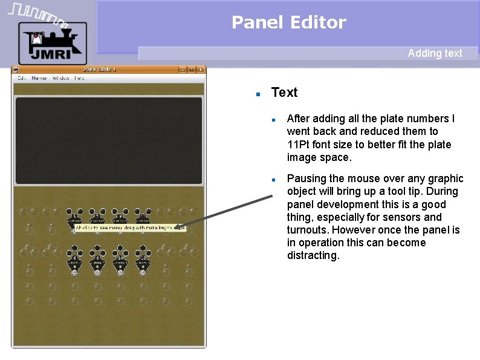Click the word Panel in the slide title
click(251, 22)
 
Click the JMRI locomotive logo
click(53, 42)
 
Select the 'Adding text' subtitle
click(435, 53)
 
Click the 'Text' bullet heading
click(284, 93)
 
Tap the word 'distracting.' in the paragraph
click(313, 255)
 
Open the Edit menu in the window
click(21, 78)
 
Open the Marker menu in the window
click(39, 78)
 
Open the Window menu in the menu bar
click(60, 78)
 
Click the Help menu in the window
click(79, 78)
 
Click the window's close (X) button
click(200, 70)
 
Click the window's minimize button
click(182, 70)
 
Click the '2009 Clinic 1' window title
click(100, 70)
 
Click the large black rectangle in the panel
click(109, 140)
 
